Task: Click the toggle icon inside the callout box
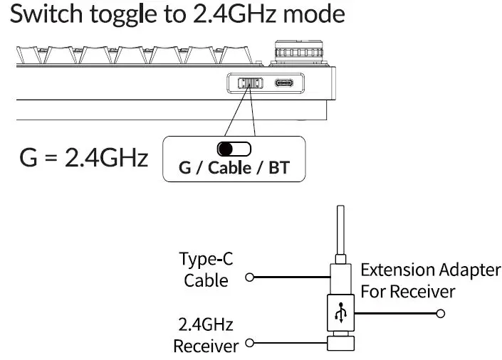click(234, 149)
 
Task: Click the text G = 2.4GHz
click(84, 157)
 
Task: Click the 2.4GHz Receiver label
click(205, 337)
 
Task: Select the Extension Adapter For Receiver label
click(430, 280)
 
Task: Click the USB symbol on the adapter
click(343, 312)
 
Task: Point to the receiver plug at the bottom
click(342, 344)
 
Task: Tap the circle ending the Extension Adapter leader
click(441, 313)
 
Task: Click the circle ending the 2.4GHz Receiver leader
click(249, 344)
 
